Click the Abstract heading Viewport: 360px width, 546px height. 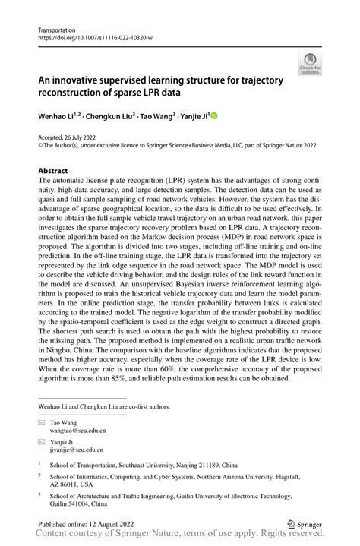click(x=53, y=171)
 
